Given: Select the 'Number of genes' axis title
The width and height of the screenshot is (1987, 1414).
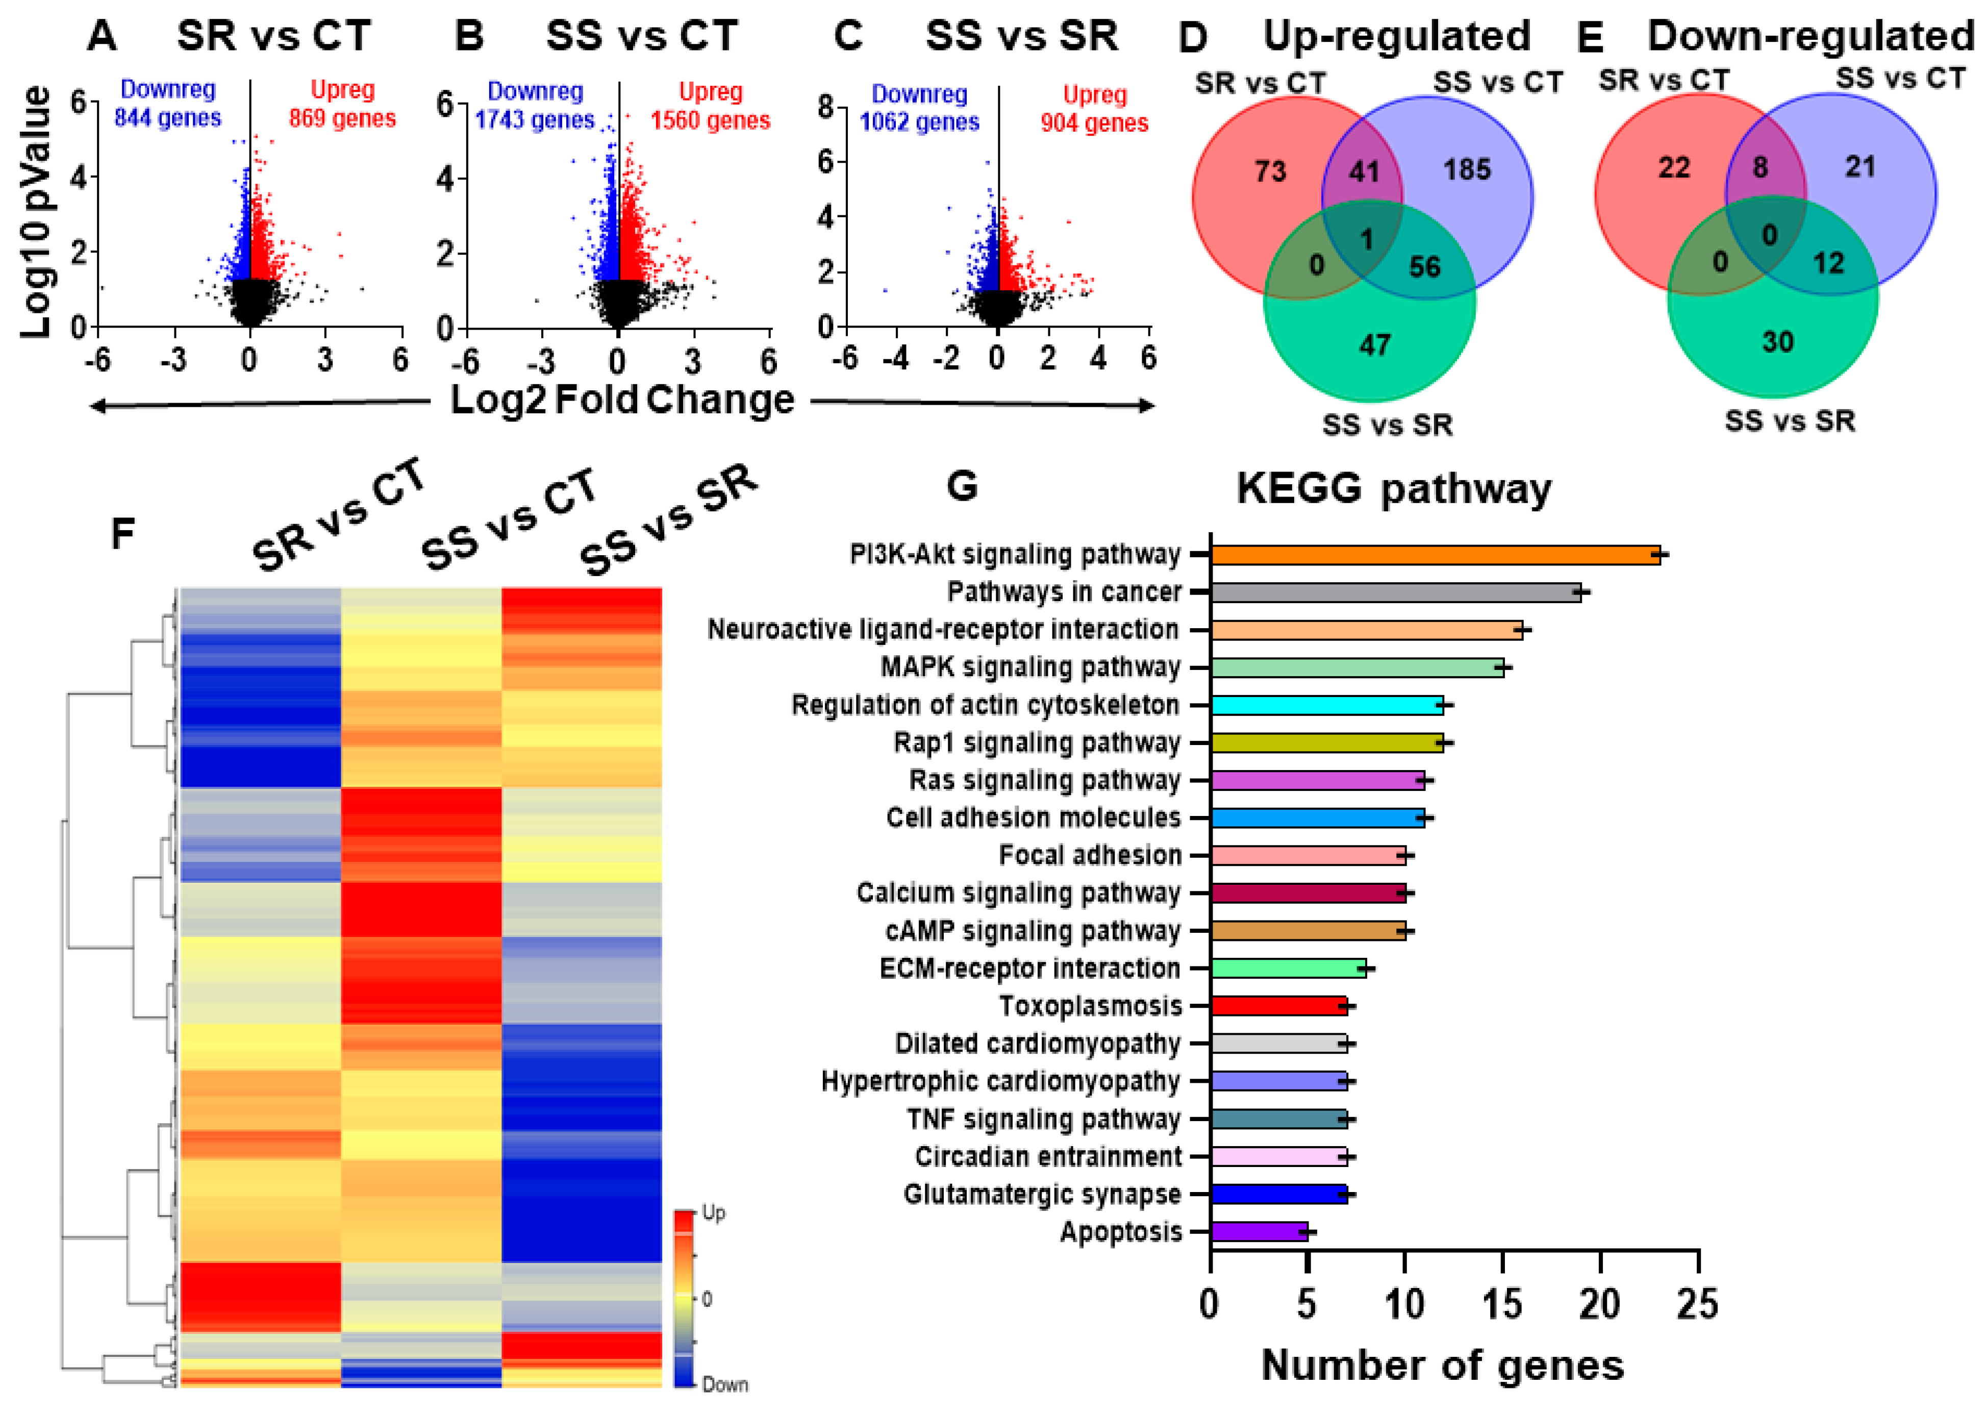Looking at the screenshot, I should (x=1442, y=1365).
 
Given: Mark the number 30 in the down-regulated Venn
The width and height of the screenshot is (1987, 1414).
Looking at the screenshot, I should (x=1777, y=341).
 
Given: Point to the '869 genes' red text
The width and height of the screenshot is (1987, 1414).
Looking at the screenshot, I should (x=342, y=118).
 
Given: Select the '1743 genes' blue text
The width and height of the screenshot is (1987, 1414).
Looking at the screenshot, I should (x=535, y=120).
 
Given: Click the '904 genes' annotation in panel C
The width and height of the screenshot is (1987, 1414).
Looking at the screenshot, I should (x=1094, y=123).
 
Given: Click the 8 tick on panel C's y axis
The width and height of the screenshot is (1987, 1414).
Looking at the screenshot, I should (x=825, y=107).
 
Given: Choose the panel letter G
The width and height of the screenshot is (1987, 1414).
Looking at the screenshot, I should (x=962, y=485).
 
